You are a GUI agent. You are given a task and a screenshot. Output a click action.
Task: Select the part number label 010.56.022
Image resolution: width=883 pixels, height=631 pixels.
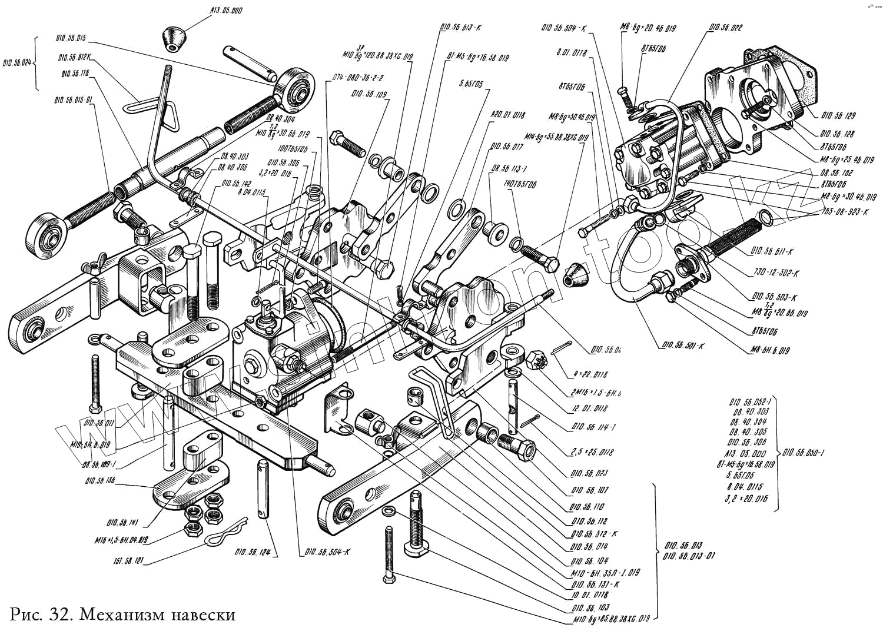point(725,27)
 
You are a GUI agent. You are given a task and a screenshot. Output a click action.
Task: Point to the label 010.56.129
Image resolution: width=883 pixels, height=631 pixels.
point(836,116)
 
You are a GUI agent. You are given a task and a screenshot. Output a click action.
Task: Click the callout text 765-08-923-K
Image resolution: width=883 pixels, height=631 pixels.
point(844,211)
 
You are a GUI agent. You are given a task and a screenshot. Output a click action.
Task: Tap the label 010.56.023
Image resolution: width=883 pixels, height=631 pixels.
point(589,473)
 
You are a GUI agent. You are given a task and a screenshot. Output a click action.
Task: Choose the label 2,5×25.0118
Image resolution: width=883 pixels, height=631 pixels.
point(591,452)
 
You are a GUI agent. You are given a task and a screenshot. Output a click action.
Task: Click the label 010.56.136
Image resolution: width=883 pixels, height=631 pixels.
point(99,481)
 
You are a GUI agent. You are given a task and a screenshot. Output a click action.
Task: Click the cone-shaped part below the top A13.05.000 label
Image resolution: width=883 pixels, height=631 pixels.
point(174,40)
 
